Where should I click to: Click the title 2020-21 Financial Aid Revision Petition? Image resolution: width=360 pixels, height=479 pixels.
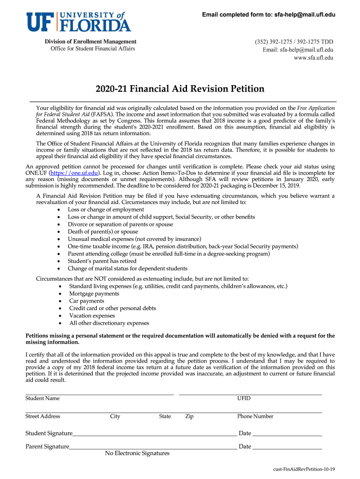pyautogui.click(x=180, y=89)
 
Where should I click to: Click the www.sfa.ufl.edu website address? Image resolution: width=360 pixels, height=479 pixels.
pyautogui.click(x=313, y=58)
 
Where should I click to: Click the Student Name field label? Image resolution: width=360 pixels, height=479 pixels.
pyautogui.click(x=43, y=399)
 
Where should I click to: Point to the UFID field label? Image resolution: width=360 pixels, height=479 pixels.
pyautogui.click(x=244, y=399)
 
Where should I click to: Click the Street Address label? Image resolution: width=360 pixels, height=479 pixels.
pyautogui.click(x=43, y=416)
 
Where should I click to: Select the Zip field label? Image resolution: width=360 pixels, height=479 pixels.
pyautogui.click(x=189, y=416)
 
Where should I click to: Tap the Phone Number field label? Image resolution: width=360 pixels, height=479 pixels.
pyautogui.click(x=255, y=416)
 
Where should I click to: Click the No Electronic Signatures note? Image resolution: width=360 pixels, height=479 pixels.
pyautogui.click(x=137, y=453)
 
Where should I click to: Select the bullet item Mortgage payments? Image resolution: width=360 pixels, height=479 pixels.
pyautogui.click(x=94, y=294)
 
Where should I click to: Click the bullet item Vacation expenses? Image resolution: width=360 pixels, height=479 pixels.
pyautogui.click(x=92, y=316)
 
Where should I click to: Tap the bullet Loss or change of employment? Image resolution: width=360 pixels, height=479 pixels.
pyautogui.click(x=106, y=210)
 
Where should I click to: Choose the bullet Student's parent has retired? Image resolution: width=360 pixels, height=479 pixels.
pyautogui.click(x=102, y=261)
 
